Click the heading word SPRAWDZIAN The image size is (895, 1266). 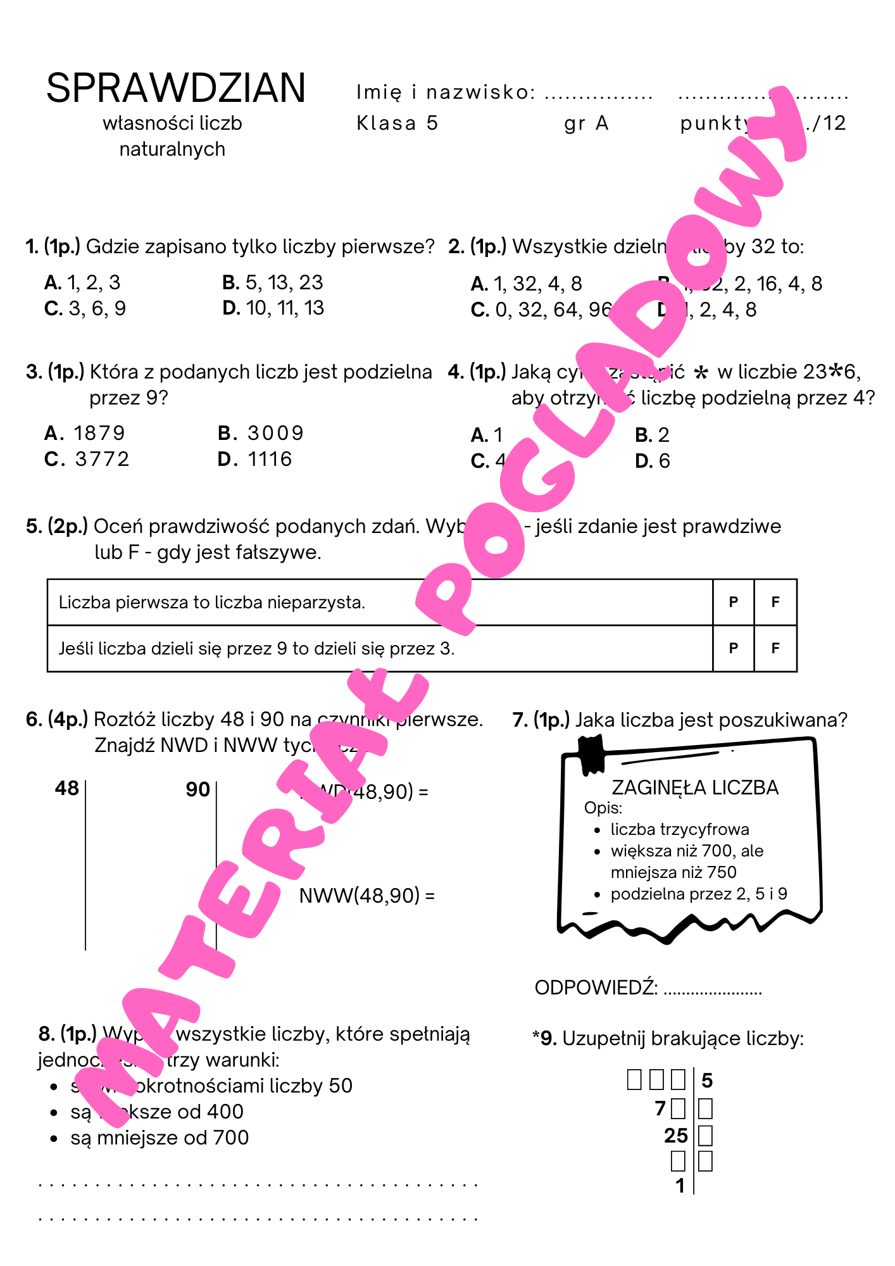coord(176,88)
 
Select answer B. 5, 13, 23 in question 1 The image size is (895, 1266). coord(273,282)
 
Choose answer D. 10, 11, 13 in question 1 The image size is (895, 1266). coord(273,308)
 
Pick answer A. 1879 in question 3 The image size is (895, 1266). coord(85,433)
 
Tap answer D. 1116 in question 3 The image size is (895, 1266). coord(254,459)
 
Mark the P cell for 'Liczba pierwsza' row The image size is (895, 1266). coord(733,602)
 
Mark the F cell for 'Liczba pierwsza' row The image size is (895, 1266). coord(775,602)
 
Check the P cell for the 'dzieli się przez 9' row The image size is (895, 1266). coord(733,648)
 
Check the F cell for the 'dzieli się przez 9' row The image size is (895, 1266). coord(775,648)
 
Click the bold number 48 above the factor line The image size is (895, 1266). coord(67,788)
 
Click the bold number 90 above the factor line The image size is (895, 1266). coord(197,789)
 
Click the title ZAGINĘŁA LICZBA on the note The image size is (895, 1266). coord(694,787)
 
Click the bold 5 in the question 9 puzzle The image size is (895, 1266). coord(707,1081)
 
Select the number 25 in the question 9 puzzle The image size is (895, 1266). coord(676,1136)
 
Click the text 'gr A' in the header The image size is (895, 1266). coord(586,123)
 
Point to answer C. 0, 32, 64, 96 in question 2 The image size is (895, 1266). coord(542,310)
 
